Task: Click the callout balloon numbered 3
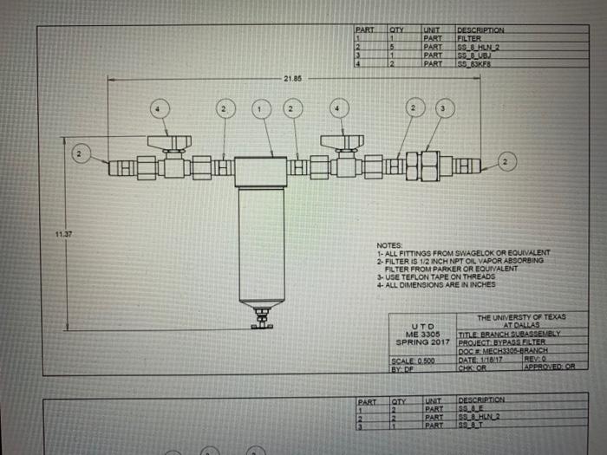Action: [444, 108]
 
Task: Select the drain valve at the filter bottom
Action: [259, 322]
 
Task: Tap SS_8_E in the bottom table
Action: [469, 407]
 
